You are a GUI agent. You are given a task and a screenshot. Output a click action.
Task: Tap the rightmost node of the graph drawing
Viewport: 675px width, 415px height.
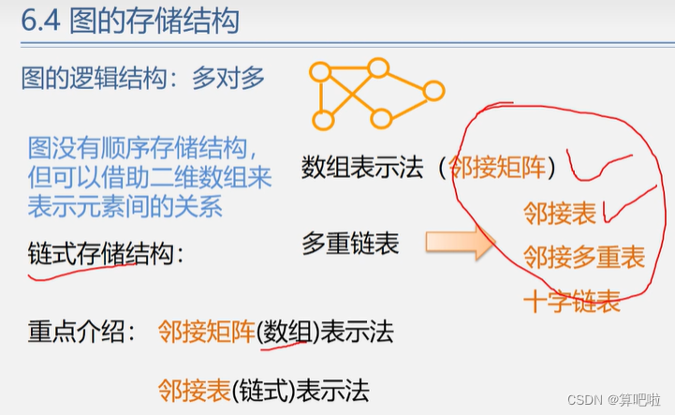(433, 91)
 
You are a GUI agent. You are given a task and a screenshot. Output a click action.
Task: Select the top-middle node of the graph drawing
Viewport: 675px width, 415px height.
(378, 67)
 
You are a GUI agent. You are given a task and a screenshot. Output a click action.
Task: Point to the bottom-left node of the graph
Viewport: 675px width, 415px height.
(323, 120)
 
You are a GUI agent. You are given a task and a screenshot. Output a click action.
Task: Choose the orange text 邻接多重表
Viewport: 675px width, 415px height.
(583, 257)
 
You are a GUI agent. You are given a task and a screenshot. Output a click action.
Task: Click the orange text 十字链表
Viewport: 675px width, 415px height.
(571, 301)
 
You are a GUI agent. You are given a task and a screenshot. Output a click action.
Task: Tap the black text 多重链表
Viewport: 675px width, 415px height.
(350, 245)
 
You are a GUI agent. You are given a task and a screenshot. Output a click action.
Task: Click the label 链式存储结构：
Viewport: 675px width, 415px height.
(107, 253)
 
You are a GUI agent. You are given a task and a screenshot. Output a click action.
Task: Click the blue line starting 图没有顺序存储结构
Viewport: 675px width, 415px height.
(143, 147)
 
